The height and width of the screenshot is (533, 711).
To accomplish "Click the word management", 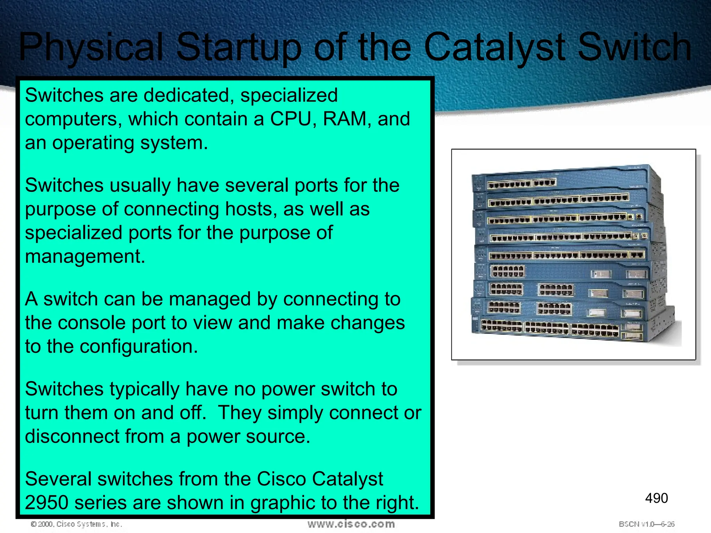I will click(x=85, y=257).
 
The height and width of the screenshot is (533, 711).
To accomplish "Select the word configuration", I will click(x=139, y=347).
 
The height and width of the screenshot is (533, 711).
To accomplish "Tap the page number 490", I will click(x=656, y=498).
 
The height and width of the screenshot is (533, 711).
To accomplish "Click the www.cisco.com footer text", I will click(x=351, y=524).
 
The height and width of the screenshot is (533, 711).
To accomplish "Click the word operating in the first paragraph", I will click(x=93, y=143).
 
